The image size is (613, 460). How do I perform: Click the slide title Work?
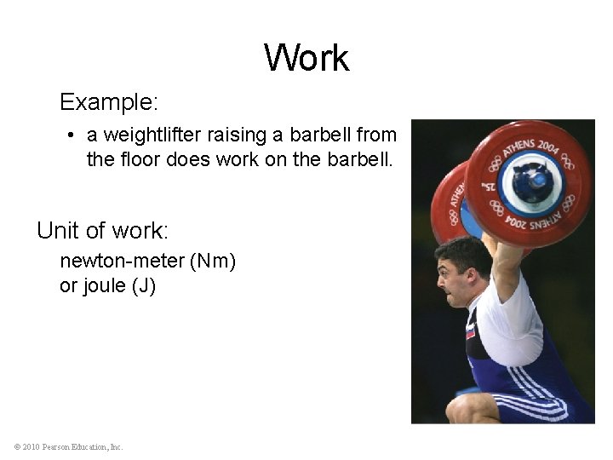pyautogui.click(x=306, y=58)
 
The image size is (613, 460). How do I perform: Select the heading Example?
pyautogui.click(x=109, y=103)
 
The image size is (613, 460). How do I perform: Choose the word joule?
pyautogui.click(x=104, y=285)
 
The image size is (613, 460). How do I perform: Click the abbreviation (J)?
pyautogui.click(x=143, y=285)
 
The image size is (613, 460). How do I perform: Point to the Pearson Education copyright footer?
pyautogui.click(x=69, y=446)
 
